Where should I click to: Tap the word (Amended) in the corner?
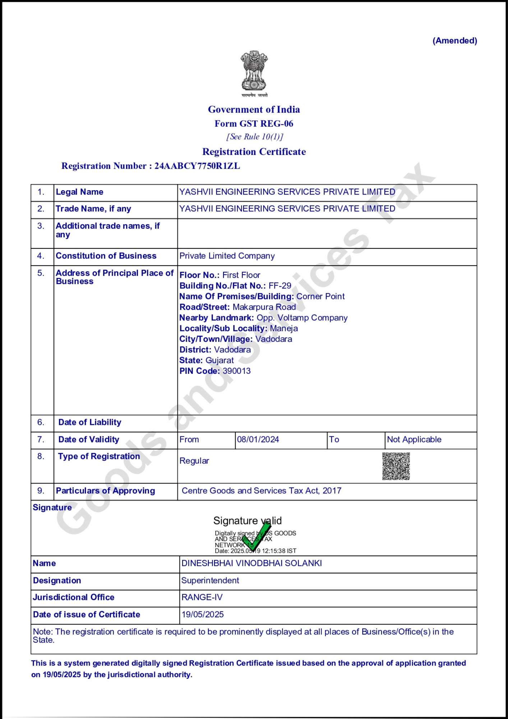[454, 41]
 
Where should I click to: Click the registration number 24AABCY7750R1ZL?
[197, 166]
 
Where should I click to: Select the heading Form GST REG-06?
[254, 124]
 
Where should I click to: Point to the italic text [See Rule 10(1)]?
[254, 137]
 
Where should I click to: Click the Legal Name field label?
[79, 192]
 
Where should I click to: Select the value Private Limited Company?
[227, 256]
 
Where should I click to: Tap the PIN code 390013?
[237, 371]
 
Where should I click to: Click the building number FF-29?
[280, 286]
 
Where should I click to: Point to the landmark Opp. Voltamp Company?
[302, 318]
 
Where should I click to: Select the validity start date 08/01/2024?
[258, 439]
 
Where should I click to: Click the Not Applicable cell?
[414, 439]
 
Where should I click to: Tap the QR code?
[396, 466]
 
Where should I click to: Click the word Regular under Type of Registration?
[194, 461]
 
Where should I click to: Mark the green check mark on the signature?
[256, 536]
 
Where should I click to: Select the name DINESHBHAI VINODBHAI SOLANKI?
[251, 563]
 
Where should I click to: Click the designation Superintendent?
[210, 581]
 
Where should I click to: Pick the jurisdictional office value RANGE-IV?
[202, 597]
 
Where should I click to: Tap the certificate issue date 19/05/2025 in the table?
[203, 615]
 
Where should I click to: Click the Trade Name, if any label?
[93, 209]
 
